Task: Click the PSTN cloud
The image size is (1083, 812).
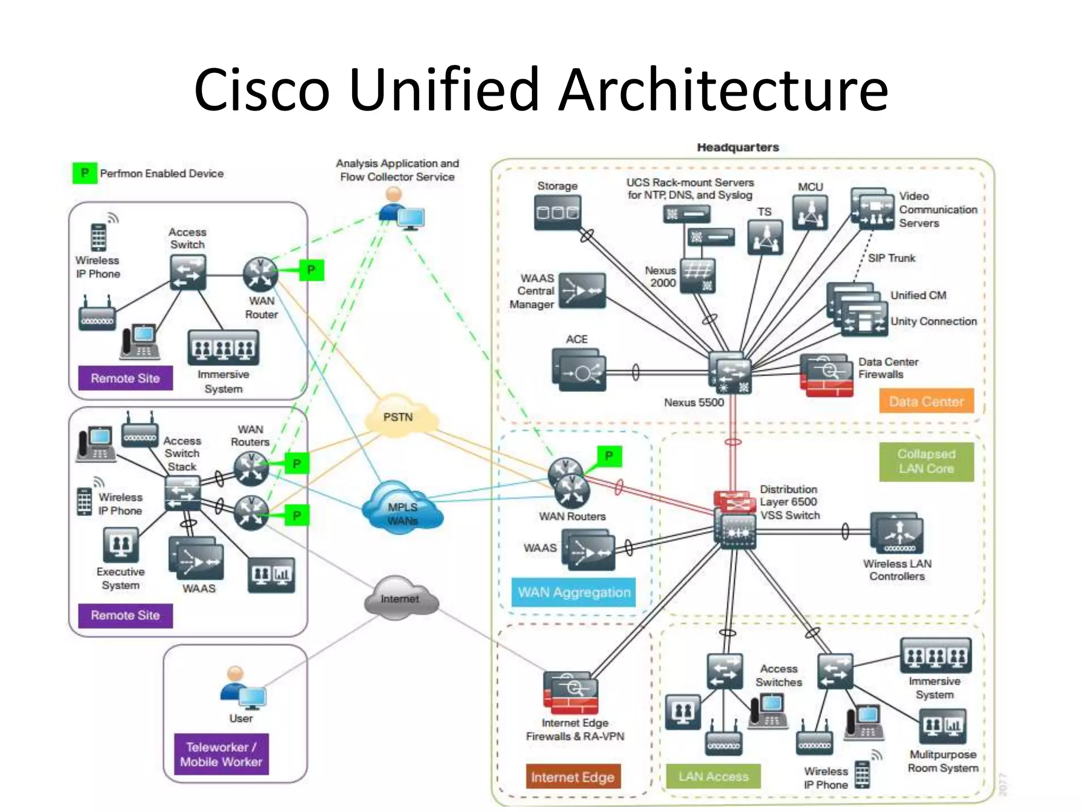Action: point(401,416)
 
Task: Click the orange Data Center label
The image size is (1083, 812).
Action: point(926,401)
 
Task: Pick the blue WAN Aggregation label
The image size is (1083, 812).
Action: point(574,592)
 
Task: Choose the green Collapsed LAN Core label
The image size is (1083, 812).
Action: point(926,461)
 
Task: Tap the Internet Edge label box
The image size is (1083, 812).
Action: point(573,777)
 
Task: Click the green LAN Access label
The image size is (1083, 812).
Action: point(713,776)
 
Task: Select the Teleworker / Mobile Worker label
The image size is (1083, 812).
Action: point(221,754)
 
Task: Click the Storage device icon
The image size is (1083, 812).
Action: point(557,213)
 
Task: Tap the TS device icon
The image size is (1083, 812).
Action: point(765,237)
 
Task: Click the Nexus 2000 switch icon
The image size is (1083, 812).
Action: point(697,275)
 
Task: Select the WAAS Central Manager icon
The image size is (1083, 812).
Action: point(582,291)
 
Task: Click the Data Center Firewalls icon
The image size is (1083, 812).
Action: point(827,375)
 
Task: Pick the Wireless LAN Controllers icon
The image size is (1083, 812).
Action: point(897,534)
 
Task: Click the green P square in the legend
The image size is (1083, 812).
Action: point(85,173)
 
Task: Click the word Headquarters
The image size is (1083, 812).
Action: point(738,147)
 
